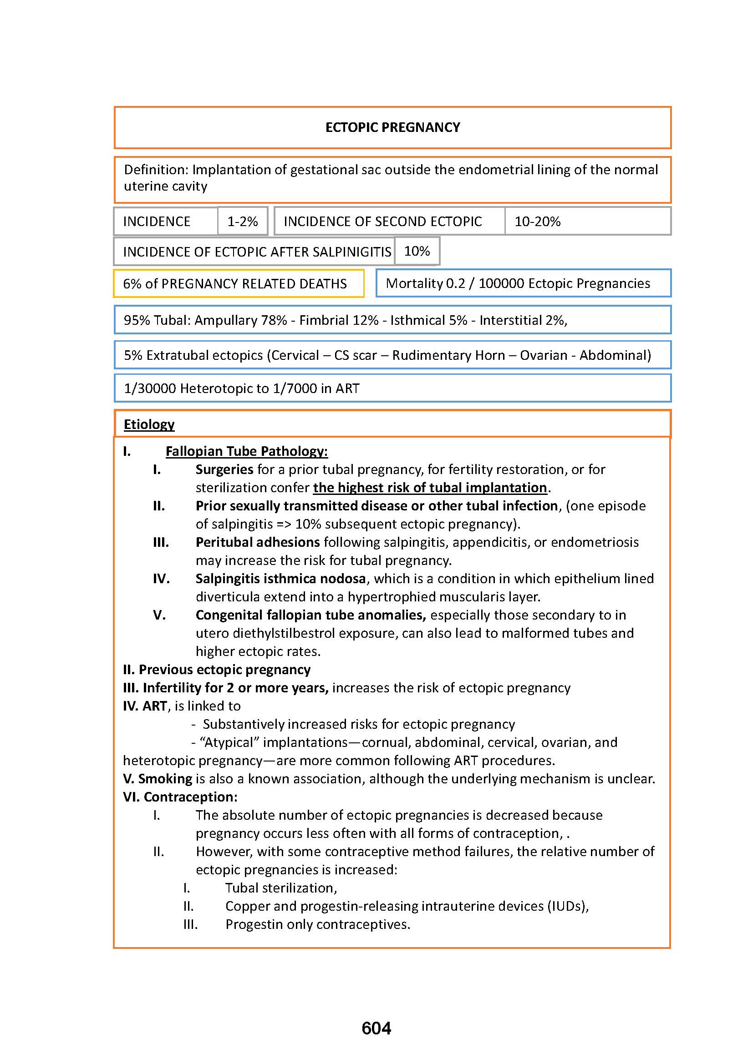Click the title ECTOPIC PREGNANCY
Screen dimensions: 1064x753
pyautogui.click(x=392, y=127)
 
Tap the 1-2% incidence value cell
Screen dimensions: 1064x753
pyautogui.click(x=242, y=222)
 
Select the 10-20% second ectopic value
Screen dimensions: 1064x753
pyautogui.click(x=537, y=222)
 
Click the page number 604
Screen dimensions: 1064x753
pyautogui.click(x=376, y=1029)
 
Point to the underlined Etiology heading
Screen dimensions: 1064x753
pyautogui.click(x=149, y=424)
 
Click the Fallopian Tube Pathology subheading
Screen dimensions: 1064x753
pyautogui.click(x=246, y=451)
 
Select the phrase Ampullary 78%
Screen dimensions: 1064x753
pyautogui.click(x=240, y=320)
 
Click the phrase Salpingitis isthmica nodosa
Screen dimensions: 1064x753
pyautogui.click(x=280, y=578)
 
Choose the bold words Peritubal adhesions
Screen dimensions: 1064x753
pyautogui.click(x=257, y=542)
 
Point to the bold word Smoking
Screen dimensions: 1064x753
pyautogui.click(x=165, y=778)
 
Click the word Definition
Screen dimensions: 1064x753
pyautogui.click(x=155, y=170)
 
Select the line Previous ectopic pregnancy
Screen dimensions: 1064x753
pyautogui.click(x=217, y=669)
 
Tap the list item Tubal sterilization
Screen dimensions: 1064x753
pyautogui.click(x=280, y=888)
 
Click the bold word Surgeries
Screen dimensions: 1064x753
pyautogui.click(x=224, y=469)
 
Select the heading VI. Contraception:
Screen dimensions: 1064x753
pyautogui.click(x=180, y=797)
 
